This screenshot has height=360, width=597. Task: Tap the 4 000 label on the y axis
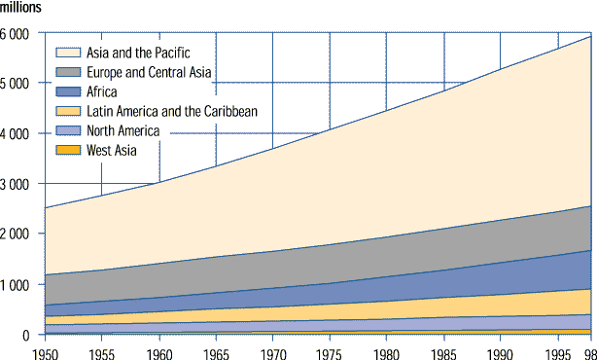pos(17,133)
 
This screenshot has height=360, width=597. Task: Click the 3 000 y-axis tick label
pos(17,184)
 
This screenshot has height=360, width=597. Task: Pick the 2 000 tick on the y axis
pos(17,234)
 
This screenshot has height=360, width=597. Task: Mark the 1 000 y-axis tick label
pos(17,285)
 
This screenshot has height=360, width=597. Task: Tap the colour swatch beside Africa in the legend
pos(67,92)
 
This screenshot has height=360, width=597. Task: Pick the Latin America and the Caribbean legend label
pos(172,112)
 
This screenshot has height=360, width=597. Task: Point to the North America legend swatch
pos(67,131)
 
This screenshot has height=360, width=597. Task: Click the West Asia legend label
pos(113,151)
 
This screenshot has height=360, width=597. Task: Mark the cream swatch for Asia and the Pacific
pos(67,53)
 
